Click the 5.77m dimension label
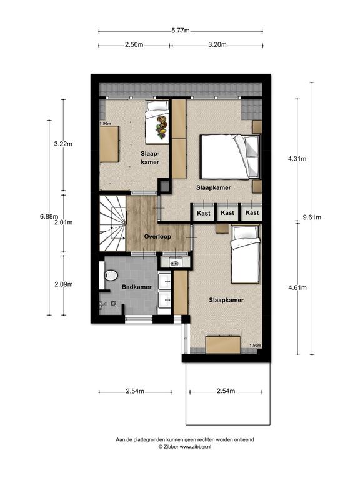click(181, 31)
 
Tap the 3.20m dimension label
click(217, 45)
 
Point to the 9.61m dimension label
click(312, 217)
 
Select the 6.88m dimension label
click(49, 216)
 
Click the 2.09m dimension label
click(64, 284)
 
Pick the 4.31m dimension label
click(297, 159)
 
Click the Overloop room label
click(157, 237)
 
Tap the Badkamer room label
click(137, 287)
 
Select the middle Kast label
click(227, 212)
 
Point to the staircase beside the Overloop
click(112, 223)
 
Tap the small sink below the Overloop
click(175, 262)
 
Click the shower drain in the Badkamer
click(114, 304)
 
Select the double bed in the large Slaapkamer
click(231, 156)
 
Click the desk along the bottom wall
click(223, 345)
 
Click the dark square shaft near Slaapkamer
click(165, 186)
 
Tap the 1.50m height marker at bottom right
click(255, 345)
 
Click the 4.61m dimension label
click(297, 287)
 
